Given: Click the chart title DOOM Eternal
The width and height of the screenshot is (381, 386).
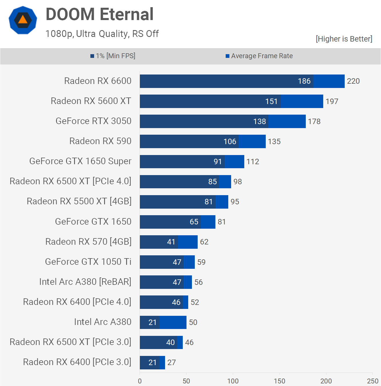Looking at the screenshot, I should pyautogui.click(x=100, y=14).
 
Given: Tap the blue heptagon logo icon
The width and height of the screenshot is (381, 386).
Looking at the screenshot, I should pyautogui.click(x=23, y=20).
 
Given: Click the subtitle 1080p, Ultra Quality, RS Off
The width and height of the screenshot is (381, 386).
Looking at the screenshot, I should pyautogui.click(x=102, y=34).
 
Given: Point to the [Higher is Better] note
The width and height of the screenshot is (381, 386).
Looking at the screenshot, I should pyautogui.click(x=344, y=39).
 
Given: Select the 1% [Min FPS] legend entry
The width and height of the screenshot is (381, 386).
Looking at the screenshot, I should pyautogui.click(x=113, y=56).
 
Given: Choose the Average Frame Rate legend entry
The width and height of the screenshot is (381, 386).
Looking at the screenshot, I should pyautogui.click(x=259, y=56).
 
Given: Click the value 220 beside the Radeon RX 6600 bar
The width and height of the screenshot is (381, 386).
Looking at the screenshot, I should pyautogui.click(x=353, y=81).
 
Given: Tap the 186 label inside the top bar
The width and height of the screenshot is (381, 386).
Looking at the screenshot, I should pyautogui.click(x=304, y=81).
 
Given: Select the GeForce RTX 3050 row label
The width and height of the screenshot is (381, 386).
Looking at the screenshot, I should pyautogui.click(x=94, y=121).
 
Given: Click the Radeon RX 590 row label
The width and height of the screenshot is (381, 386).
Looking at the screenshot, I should pyautogui.click(x=100, y=141).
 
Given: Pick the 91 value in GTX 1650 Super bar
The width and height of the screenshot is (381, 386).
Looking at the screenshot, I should pyautogui.click(x=218, y=162).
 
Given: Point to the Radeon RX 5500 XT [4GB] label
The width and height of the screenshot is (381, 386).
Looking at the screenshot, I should pyautogui.click(x=79, y=201).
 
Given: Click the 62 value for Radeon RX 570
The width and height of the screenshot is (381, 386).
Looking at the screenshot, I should pyautogui.click(x=204, y=242).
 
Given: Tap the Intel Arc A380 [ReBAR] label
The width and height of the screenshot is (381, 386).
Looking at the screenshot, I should pyautogui.click(x=85, y=282).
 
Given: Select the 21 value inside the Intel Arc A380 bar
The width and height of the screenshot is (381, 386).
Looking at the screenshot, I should pyautogui.click(x=152, y=322).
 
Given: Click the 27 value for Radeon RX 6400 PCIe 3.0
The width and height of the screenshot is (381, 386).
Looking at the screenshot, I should pyautogui.click(x=172, y=363).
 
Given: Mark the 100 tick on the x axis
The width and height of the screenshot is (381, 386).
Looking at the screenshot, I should pyautogui.click(x=233, y=381).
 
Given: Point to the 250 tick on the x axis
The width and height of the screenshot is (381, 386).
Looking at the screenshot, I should pyautogui.click(x=372, y=381).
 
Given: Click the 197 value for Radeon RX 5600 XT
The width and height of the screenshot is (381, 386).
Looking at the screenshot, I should pyautogui.click(x=332, y=101).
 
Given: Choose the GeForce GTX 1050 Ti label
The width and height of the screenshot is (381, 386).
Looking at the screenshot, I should pyautogui.click(x=88, y=262).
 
